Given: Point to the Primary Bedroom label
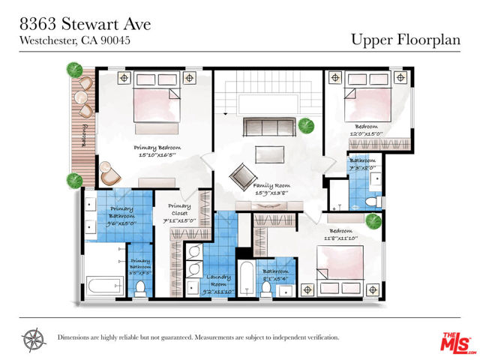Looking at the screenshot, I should point(157,151).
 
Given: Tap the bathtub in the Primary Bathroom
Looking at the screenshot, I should point(103,285).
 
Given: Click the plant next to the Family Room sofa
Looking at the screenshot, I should point(304,125).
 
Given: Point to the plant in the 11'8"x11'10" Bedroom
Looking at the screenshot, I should point(373,221).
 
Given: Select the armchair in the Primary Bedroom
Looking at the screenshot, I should point(110,174).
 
